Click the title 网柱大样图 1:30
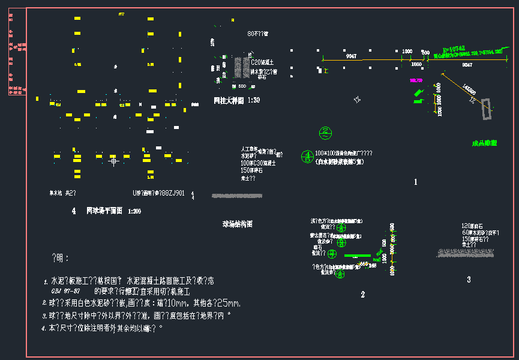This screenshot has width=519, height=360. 237,100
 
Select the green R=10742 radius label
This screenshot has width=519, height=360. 454,49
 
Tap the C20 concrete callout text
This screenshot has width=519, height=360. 262,62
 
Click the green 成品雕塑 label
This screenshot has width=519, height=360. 484,143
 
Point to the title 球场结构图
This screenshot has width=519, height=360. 238,224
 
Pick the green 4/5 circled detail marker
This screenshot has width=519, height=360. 306,157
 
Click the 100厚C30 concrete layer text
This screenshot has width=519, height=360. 258,163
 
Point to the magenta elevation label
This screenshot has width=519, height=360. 416,80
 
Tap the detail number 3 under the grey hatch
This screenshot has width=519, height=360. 469,280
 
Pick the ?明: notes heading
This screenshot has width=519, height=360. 61,258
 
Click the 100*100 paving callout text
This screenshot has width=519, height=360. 344,154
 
